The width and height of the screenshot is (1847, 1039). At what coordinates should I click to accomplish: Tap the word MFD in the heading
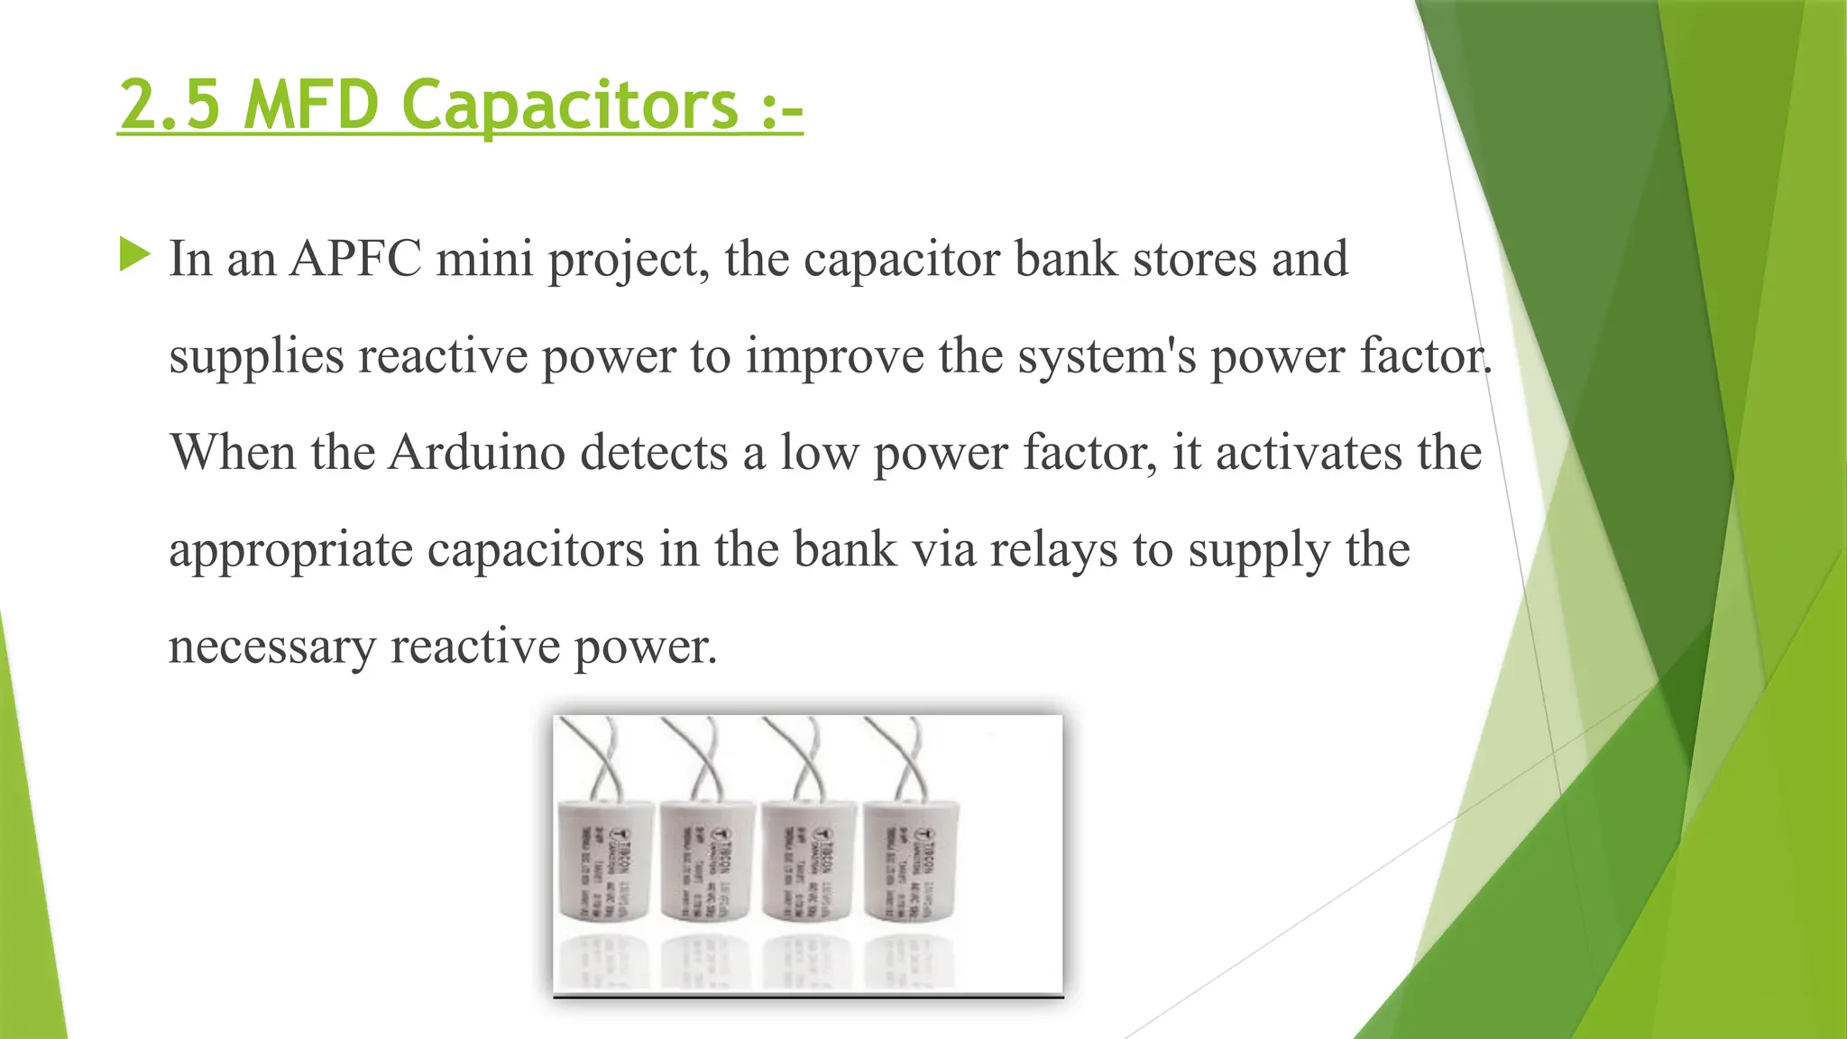point(311,105)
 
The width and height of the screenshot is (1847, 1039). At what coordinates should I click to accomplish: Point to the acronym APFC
point(355,259)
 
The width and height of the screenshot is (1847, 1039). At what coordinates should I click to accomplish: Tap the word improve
point(834,357)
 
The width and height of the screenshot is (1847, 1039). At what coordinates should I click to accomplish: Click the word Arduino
point(477,453)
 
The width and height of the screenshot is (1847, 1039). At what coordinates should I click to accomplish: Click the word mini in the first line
point(485,259)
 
